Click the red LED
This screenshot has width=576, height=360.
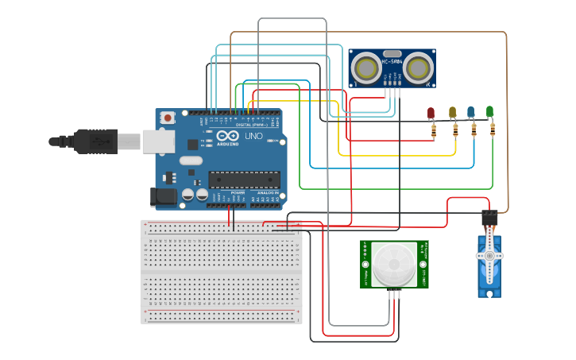pyautogui.click(x=431, y=113)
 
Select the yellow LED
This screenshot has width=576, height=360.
pyautogui.click(x=452, y=112)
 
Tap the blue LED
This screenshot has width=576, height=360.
pyautogui.click(x=471, y=111)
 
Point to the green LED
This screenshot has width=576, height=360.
pyautogui.click(x=489, y=111)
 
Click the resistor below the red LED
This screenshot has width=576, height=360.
pyautogui.click(x=433, y=130)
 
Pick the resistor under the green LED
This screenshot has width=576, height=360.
pyautogui.click(x=492, y=129)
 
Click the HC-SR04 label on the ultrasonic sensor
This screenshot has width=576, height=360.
pyautogui.click(x=392, y=61)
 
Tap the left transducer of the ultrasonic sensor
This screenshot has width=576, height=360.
pyautogui.click(x=367, y=68)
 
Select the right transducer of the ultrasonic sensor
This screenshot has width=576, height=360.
pyautogui.click(x=417, y=68)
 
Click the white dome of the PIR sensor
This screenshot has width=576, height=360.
pyautogui.click(x=394, y=263)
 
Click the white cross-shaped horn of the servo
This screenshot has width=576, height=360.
pyautogui.click(x=489, y=255)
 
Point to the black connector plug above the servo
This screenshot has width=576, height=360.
pyautogui.click(x=489, y=216)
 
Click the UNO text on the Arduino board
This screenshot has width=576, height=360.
pyautogui.click(x=253, y=136)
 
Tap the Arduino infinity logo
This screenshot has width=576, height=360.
pyautogui.click(x=227, y=136)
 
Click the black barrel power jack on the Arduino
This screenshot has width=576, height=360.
pyautogui.click(x=164, y=196)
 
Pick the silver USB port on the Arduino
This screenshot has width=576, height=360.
pyautogui.click(x=158, y=141)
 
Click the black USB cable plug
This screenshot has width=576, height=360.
pyautogui.click(x=95, y=141)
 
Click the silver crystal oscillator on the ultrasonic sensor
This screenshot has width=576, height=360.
pyautogui.click(x=392, y=52)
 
